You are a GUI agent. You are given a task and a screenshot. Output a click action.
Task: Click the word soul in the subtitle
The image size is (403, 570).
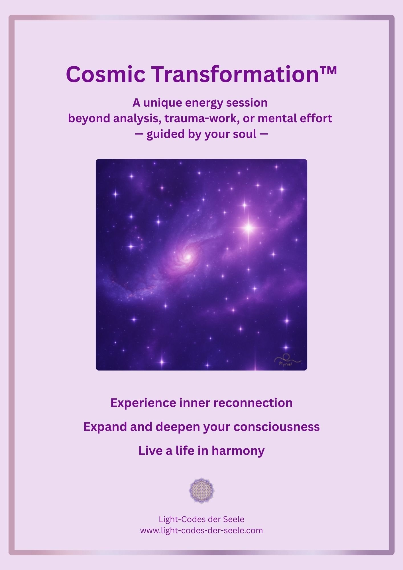(x=245, y=134)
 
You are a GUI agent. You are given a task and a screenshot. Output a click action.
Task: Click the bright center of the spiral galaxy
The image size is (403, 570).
(x=188, y=257)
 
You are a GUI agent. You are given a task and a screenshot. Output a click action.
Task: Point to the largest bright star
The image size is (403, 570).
(x=249, y=227)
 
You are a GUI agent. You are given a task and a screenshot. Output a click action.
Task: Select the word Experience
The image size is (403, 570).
(x=143, y=403)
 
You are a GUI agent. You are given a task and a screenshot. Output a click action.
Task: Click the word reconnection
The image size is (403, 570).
(x=253, y=403)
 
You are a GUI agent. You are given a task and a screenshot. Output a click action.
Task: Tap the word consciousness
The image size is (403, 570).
(x=276, y=427)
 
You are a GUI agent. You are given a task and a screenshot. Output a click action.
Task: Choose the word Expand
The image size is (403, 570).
(x=105, y=427)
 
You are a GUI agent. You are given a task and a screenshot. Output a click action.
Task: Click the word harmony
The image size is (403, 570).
(x=238, y=451)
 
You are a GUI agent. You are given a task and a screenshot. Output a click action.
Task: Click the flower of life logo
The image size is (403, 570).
(x=202, y=491)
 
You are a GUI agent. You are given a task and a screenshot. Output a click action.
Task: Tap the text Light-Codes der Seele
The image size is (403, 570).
(x=201, y=519)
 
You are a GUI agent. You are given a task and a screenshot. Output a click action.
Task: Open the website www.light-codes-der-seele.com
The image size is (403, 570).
(x=201, y=530)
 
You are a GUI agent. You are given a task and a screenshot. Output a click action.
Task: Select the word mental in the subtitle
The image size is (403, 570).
(x=273, y=118)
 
